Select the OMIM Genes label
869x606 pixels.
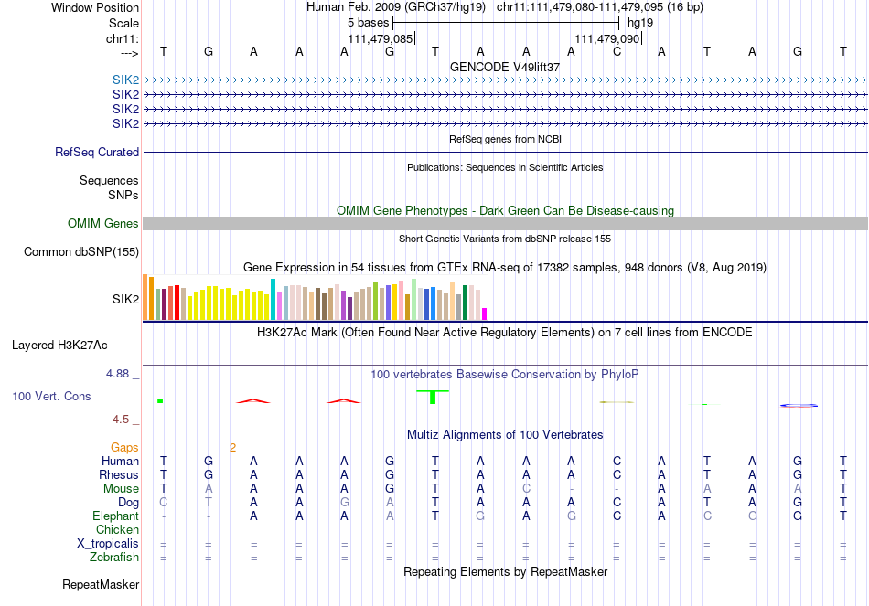coord(103,224)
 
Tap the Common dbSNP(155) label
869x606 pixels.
coord(81,251)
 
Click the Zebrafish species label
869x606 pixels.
coord(114,557)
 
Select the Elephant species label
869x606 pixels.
coord(115,516)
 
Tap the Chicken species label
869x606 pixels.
coord(117,530)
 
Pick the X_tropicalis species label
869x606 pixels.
coord(108,544)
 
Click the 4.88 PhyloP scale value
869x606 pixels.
coord(119,374)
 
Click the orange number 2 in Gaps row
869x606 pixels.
coord(233,448)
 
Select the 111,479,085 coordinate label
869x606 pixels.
coord(381,39)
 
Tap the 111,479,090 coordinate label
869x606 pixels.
coord(606,39)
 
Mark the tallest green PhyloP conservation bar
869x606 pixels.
coord(433,397)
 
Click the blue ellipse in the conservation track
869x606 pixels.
coord(799,405)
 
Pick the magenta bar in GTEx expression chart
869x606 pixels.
coord(485,314)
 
